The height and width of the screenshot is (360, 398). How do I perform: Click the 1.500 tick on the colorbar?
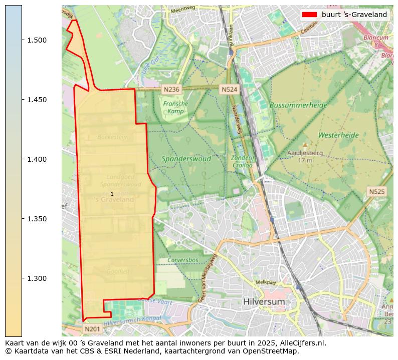22,40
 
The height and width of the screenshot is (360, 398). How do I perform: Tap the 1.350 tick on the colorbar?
22,219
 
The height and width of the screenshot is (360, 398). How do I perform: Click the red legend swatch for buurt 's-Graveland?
309,15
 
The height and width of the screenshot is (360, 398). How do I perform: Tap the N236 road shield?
171,89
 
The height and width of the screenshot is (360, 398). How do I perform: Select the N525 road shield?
376,191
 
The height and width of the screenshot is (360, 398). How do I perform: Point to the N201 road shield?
92,329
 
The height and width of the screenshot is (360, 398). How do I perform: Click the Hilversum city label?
264,302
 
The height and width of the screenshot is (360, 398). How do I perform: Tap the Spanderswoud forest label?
186,159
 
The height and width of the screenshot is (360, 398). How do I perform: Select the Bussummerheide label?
298,105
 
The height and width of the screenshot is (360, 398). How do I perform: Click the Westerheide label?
338,135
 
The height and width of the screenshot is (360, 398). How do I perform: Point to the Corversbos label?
183,260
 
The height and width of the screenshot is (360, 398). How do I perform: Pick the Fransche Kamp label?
175,107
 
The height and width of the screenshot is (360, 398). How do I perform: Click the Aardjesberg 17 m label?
305,156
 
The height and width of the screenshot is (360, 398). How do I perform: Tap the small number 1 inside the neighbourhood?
112,194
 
